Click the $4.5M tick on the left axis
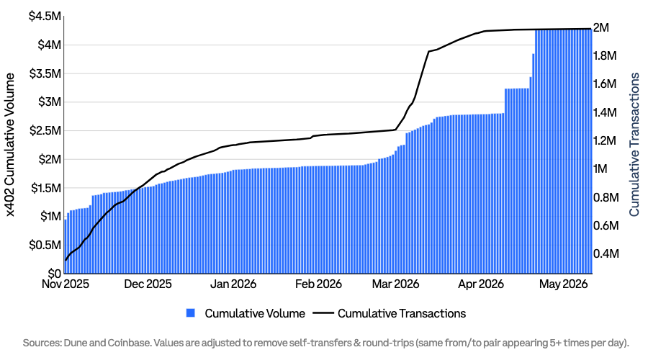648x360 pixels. [x=45, y=16]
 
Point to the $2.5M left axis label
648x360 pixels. [x=45, y=130]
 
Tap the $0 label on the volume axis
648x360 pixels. [x=54, y=274]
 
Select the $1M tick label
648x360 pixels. [x=50, y=217]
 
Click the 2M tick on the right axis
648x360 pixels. [x=601, y=27]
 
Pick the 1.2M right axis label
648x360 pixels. [x=605, y=140]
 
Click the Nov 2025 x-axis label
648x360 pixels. [x=66, y=284]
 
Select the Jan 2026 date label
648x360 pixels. [x=233, y=284]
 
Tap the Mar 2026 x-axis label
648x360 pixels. [x=395, y=284]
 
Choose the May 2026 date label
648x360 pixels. [x=563, y=284]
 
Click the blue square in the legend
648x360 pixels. [x=191, y=313]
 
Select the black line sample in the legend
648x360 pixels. [x=323, y=313]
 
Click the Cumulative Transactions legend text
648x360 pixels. [x=402, y=313]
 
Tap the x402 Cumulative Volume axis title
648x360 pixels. [x=10, y=145]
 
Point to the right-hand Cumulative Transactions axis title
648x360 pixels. [x=634, y=144]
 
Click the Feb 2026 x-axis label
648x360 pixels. [x=318, y=284]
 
